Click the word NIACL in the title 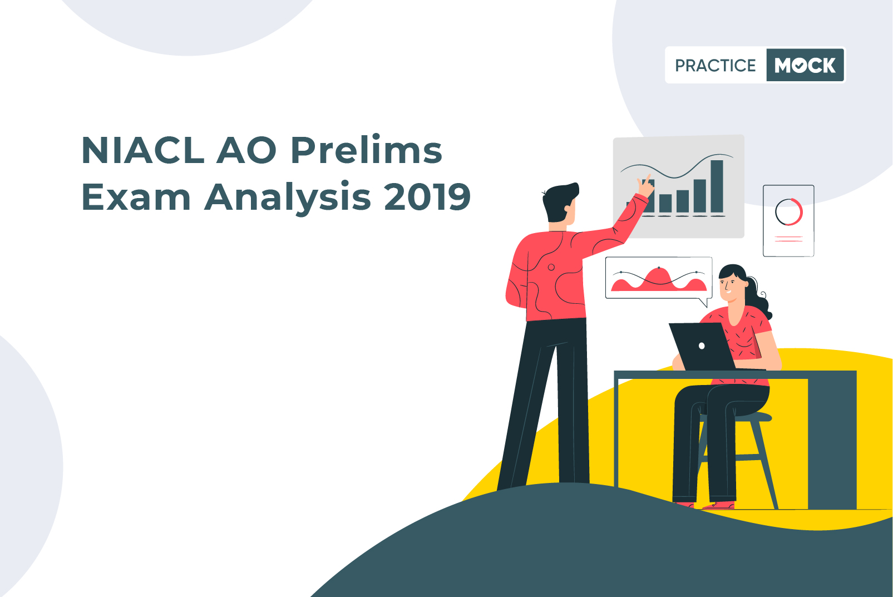(143, 150)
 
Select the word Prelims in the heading (367, 150)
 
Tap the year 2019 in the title (427, 196)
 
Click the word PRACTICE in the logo (716, 65)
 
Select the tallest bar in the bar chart (717, 186)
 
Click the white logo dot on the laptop (702, 346)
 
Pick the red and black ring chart (788, 211)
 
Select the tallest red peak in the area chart (659, 277)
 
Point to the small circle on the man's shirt (551, 267)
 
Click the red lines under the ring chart (788, 239)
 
